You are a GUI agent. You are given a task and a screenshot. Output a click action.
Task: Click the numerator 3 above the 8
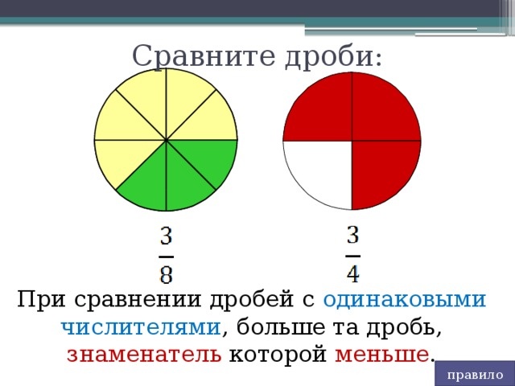[x=166, y=237]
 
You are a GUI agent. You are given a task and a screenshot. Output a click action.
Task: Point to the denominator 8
[x=166, y=273]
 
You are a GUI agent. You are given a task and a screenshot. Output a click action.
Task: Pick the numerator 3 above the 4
[x=353, y=236]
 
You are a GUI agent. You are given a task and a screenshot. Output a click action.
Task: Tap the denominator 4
[x=353, y=272]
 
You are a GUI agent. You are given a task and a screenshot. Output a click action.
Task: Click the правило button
[x=475, y=375]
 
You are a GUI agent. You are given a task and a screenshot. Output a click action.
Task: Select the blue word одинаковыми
[x=404, y=300]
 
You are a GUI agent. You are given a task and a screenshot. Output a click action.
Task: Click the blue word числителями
[x=141, y=327]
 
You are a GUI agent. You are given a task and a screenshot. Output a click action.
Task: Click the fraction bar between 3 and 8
[x=166, y=256]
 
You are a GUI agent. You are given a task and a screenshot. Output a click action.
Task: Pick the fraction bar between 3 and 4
[x=353, y=254]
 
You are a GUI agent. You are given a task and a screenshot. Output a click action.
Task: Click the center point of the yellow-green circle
[x=166, y=140]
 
